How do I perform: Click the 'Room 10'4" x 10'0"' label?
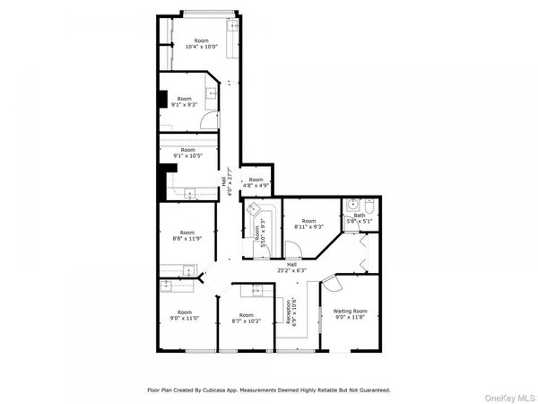tap(202, 43)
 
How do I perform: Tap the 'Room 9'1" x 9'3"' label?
tap(184, 101)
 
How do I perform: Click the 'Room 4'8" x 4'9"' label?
tap(256, 182)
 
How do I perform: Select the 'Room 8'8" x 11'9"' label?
tap(187, 235)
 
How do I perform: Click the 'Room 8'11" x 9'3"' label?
tap(308, 224)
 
